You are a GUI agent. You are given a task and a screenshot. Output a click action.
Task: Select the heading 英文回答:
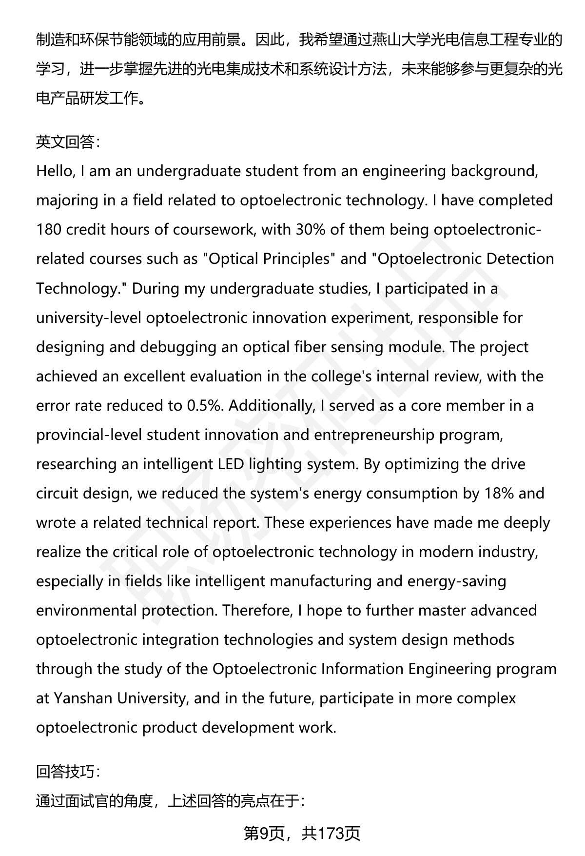pyautogui.click(x=68, y=142)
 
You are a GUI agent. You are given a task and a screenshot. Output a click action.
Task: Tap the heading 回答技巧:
pyautogui.click(x=68, y=771)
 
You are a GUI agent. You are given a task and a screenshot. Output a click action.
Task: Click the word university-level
pyautogui.click(x=88, y=318)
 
